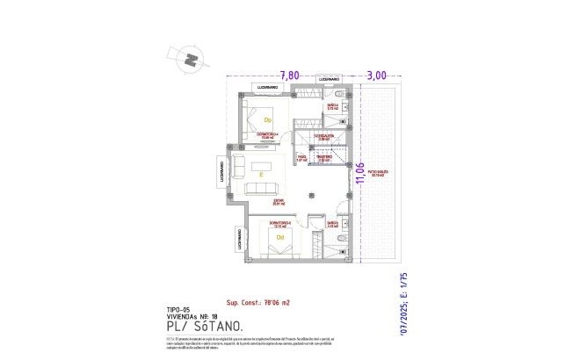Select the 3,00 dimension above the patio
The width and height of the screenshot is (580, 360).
376,76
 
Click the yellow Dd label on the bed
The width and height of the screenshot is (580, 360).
280,237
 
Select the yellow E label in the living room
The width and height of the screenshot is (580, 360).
261,175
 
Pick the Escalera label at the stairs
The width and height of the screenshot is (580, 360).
325,138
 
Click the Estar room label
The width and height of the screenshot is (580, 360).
277,202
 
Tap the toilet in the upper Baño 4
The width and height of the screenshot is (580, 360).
344,106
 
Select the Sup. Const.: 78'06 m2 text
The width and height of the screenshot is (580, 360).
257,301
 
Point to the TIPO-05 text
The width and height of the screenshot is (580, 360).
178,310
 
